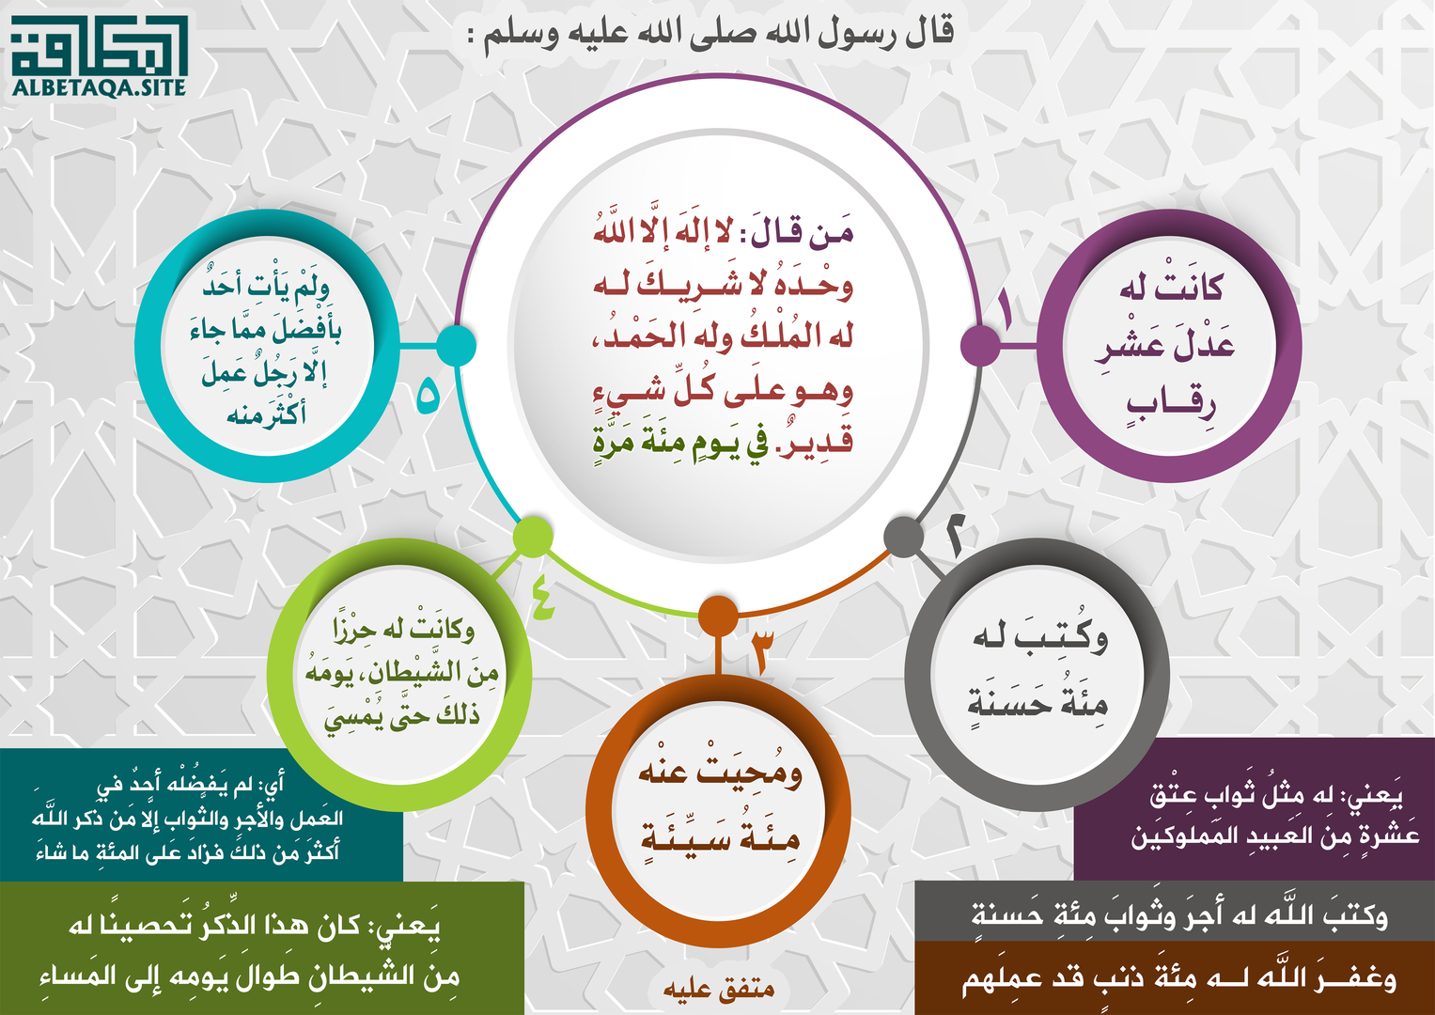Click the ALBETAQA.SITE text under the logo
pyautogui.click(x=100, y=87)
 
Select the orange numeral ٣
pyautogui.click(x=759, y=651)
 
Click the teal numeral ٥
pyautogui.click(x=428, y=396)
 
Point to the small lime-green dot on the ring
pyautogui.click(x=533, y=535)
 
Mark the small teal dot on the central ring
pyautogui.click(x=456, y=346)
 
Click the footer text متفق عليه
pyautogui.click(x=719, y=989)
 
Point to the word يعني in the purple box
pyautogui.click(x=1377, y=795)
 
